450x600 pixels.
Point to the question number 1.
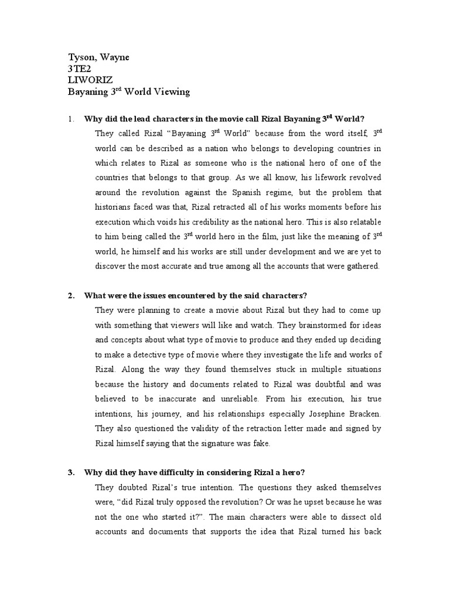click(71, 119)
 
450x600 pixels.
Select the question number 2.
click(71, 295)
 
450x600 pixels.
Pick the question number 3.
click(71, 472)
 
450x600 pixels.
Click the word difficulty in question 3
click(171, 472)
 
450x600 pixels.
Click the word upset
click(316, 502)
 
